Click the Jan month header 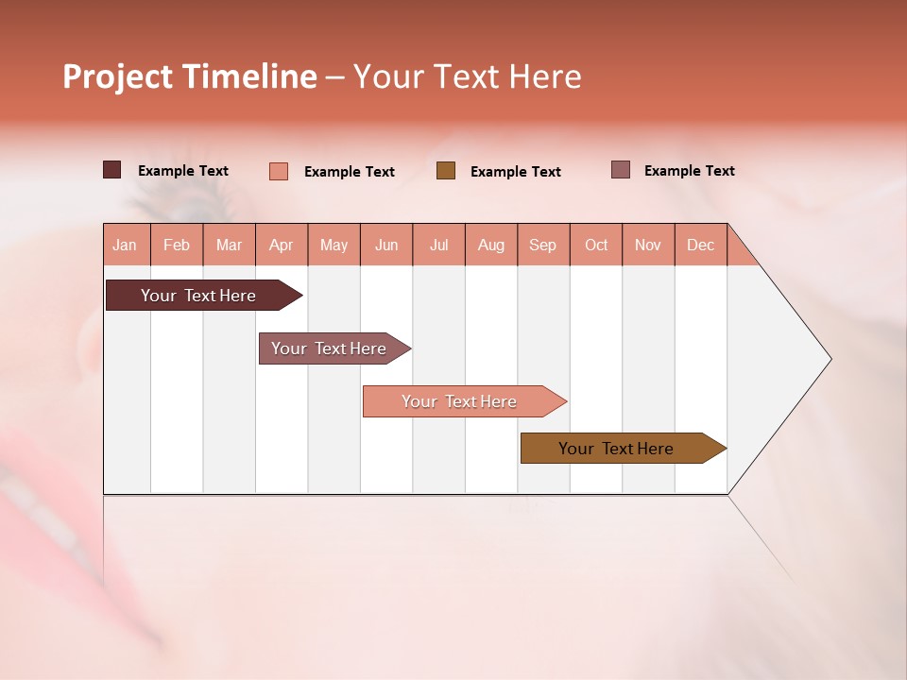click(x=125, y=245)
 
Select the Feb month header click(x=177, y=245)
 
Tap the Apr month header click(x=281, y=245)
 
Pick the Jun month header click(x=386, y=245)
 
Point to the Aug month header click(x=490, y=245)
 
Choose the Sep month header click(x=542, y=245)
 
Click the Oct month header click(x=596, y=245)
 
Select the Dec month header click(x=700, y=245)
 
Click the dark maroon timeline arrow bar click(x=199, y=296)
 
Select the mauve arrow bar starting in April click(x=330, y=348)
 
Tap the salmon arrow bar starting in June click(x=459, y=401)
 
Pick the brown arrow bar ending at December click(x=617, y=449)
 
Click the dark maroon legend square click(x=112, y=170)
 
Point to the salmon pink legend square click(x=279, y=171)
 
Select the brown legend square click(x=446, y=171)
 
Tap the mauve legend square click(x=621, y=170)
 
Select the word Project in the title click(x=118, y=76)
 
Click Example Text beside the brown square click(x=515, y=172)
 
